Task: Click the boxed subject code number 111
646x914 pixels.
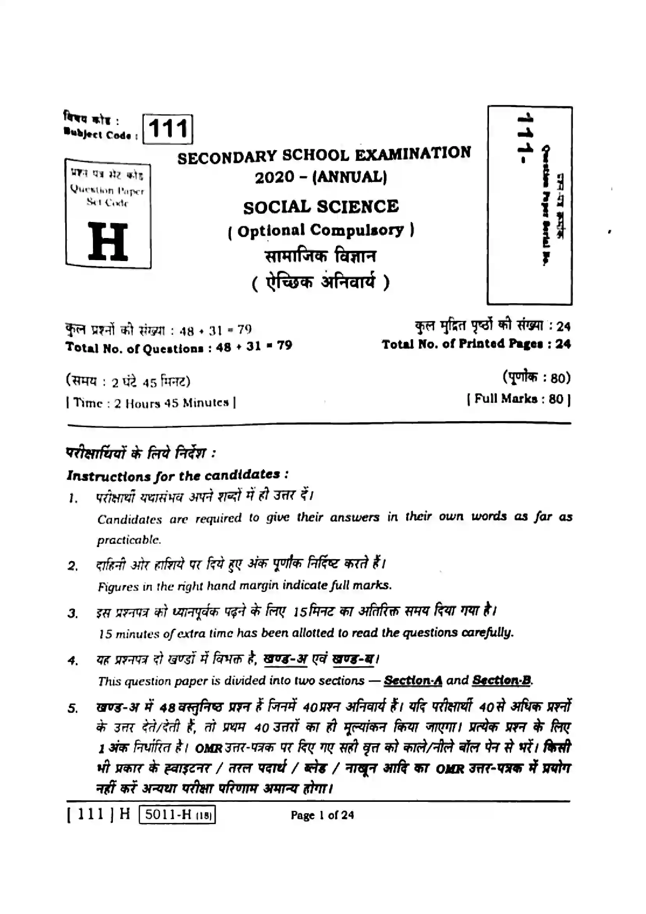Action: [168, 129]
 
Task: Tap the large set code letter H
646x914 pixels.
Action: [108, 241]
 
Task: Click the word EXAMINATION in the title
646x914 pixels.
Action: [412, 153]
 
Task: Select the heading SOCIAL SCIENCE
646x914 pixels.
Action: [321, 207]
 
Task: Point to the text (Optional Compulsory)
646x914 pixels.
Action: [321, 231]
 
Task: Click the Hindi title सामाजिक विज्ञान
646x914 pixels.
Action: [321, 256]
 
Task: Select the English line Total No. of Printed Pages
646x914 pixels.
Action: [476, 344]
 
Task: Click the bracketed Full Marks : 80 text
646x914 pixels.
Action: [519, 399]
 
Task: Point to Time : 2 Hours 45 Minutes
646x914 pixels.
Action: [151, 403]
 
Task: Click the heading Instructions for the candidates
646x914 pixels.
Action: [177, 475]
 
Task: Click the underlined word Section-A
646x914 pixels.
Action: [413, 681]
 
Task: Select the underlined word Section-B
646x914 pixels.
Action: [502, 680]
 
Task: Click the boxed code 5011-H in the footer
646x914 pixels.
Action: [177, 814]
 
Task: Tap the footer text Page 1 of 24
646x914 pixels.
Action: [322, 815]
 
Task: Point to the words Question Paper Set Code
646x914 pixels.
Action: [107, 196]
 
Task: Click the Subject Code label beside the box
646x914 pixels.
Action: [101, 135]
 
